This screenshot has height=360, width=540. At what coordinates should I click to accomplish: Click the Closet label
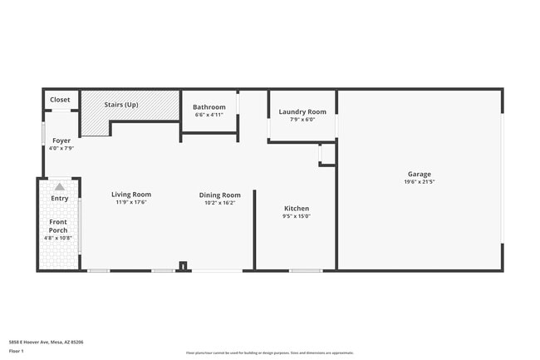pos(60,100)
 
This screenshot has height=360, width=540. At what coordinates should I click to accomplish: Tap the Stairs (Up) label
pos(121,105)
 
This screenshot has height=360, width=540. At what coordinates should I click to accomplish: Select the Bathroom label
pos(209,107)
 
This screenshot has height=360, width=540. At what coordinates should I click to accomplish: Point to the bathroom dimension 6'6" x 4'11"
pos(209,115)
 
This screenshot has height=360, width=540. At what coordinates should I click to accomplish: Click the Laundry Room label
pos(302,111)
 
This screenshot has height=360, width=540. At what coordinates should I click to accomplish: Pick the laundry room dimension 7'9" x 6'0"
pos(302,120)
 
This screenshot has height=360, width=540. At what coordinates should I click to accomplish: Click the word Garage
pos(420,174)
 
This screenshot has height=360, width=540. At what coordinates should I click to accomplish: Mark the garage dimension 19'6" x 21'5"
pos(420,181)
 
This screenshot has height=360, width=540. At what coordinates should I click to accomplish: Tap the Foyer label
pos(61,141)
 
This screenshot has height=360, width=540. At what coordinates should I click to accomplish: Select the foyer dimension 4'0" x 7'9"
pos(61,148)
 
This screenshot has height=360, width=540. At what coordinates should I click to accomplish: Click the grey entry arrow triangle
pos(60,187)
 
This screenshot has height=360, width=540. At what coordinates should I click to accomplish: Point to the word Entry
pos(60,198)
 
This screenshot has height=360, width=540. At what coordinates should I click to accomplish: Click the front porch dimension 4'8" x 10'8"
pos(58,238)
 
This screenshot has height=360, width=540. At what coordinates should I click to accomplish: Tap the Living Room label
pos(131,195)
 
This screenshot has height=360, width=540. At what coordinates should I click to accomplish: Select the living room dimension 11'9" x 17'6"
pos(131,202)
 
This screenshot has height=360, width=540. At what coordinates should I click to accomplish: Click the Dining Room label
pos(220,195)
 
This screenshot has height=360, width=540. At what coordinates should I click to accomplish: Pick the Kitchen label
pos(297,209)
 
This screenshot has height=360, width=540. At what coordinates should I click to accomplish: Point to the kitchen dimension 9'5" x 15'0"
pos(297,216)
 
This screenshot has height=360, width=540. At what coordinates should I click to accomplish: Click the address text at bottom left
pos(46,342)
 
